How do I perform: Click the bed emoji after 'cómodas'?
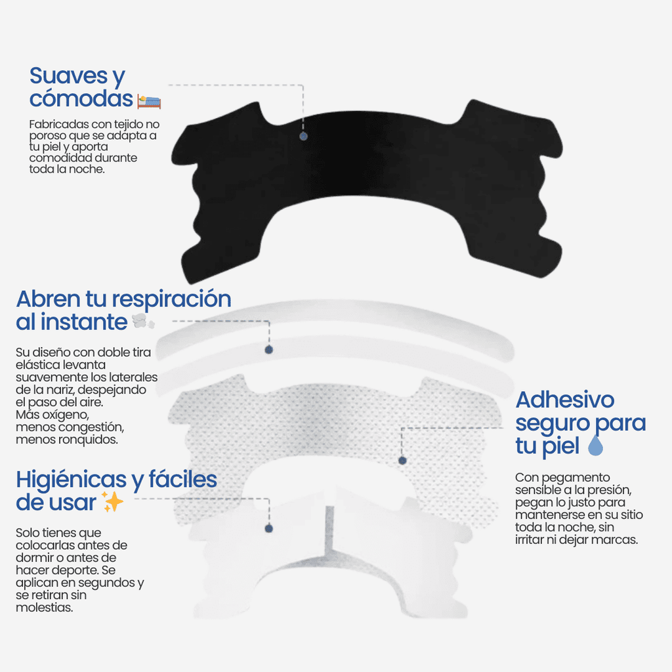149,101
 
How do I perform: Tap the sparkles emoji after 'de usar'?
113,503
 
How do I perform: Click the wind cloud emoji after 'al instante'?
142,322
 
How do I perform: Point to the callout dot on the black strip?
303,136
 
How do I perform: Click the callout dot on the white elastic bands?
268,350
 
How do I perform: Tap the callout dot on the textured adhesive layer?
402,461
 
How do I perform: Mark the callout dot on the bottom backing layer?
268,528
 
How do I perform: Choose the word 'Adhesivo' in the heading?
565,400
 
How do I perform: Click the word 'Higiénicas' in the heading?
72,479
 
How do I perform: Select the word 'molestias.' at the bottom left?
44,608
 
